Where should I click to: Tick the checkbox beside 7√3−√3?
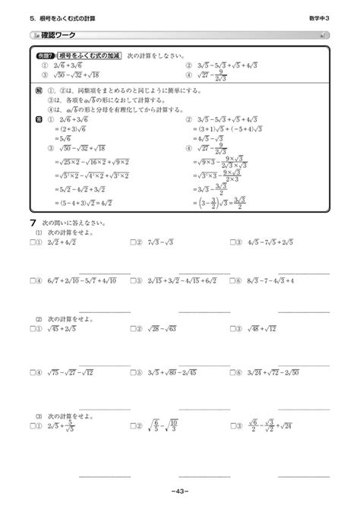pos(132,243)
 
